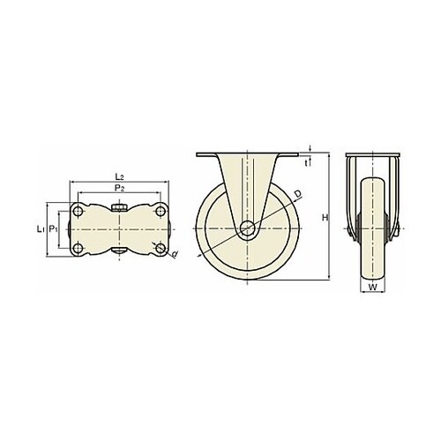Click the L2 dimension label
(119, 176)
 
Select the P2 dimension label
(119, 188)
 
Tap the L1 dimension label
(41, 228)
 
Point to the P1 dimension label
(53, 228)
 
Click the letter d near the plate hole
(175, 254)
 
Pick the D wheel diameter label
(298, 194)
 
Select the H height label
(325, 218)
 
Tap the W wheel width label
(372, 288)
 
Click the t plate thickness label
(306, 162)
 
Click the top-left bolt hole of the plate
(78, 211)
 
